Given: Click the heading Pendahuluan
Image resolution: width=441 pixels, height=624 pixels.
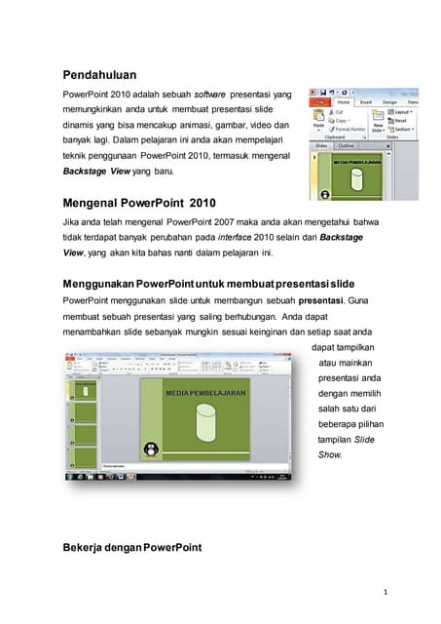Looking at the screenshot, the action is click(x=99, y=74).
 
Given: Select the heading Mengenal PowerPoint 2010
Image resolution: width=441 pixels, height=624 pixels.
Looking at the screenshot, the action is click(x=138, y=204).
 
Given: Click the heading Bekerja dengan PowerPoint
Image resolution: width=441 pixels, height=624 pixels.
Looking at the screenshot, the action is click(x=131, y=547).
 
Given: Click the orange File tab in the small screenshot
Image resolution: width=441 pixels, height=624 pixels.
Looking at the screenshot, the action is click(x=320, y=101).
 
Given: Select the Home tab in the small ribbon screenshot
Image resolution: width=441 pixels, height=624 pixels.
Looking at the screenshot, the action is click(x=343, y=101).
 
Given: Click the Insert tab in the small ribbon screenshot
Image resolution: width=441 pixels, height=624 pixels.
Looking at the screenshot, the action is click(x=366, y=101).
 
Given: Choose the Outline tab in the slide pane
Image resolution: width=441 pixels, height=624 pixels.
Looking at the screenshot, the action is click(x=347, y=146).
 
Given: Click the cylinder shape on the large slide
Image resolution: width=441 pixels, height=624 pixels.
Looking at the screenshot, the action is click(x=205, y=424).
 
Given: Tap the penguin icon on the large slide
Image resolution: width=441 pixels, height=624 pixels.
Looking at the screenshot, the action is click(x=151, y=449).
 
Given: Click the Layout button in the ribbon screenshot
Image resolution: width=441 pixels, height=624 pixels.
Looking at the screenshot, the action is click(x=403, y=112).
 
